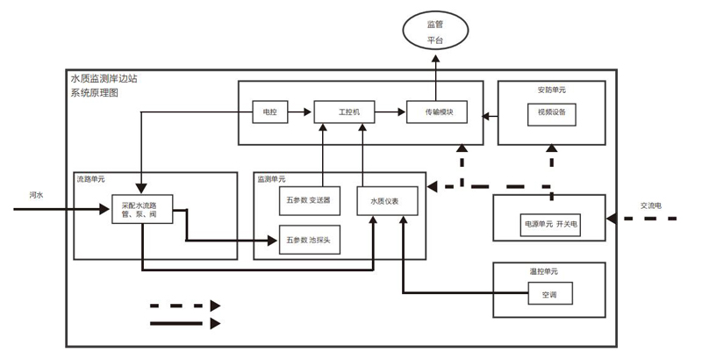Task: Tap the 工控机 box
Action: pyautogui.click(x=343, y=112)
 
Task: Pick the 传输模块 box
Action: pyautogui.click(x=436, y=112)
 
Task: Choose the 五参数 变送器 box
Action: pyautogui.click(x=308, y=201)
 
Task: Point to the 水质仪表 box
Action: pyautogui.click(x=383, y=201)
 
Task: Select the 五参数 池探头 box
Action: pyautogui.click(x=308, y=239)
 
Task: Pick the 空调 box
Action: pyautogui.click(x=551, y=294)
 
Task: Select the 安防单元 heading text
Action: pyautogui.click(x=553, y=90)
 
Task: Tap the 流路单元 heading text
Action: pyautogui.click(x=90, y=179)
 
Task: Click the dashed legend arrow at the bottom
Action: pyautogui.click(x=185, y=306)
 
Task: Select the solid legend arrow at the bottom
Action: pyautogui.click(x=185, y=323)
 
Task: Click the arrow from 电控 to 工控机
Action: pyautogui.click(x=299, y=112)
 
